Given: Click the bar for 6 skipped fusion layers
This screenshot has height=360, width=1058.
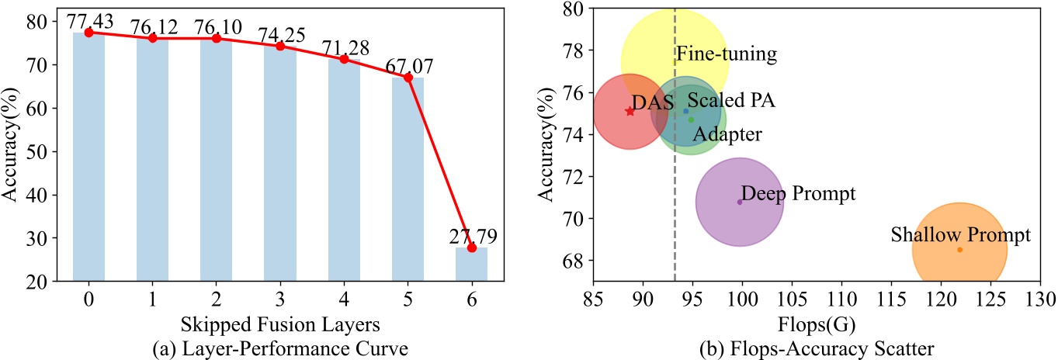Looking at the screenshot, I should click(471, 265).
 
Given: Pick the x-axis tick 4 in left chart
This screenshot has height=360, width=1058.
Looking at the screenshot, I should click(344, 299).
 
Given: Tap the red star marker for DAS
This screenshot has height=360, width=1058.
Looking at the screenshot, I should click(630, 112).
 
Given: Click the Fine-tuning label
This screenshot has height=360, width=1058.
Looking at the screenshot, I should click(727, 54).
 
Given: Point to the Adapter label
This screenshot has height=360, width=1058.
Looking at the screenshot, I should click(727, 135).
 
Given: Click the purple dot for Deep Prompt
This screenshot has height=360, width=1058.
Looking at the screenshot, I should click(740, 202).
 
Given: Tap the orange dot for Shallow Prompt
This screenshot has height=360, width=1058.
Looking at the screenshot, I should click(959, 250).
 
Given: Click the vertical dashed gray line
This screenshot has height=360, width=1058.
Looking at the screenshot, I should click(675, 194).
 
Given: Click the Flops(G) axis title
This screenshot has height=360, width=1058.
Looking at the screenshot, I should click(817, 321).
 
